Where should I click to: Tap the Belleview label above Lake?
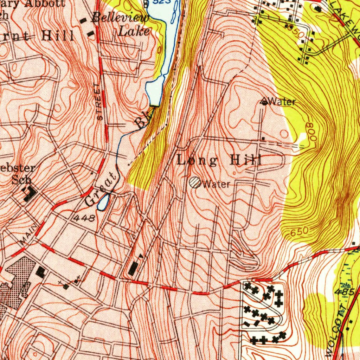click(x=120, y=18)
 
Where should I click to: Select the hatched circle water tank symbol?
click(x=195, y=182)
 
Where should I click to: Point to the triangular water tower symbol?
click(x=264, y=102)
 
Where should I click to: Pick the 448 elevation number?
click(x=84, y=218)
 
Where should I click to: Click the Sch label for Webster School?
click(x=21, y=180)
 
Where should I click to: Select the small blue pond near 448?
click(x=103, y=203)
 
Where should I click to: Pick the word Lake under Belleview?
click(x=133, y=32)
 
